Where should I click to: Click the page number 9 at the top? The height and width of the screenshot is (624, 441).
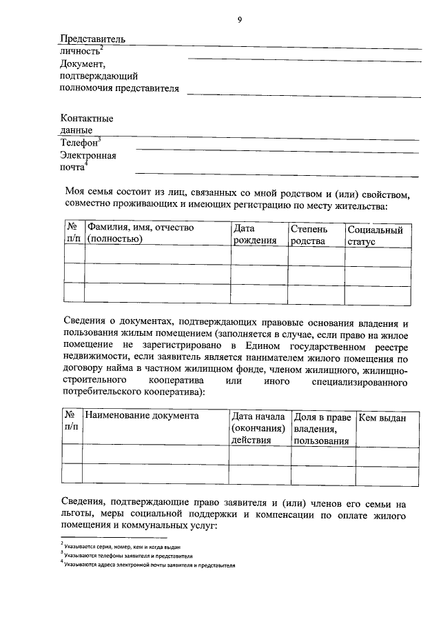tap(239, 20)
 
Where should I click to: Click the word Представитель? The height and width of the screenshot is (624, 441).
tap(92, 39)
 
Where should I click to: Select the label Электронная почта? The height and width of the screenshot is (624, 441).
tap(88, 161)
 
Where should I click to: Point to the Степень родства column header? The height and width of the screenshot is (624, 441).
tap(308, 234)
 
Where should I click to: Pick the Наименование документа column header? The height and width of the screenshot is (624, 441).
tap(142, 416)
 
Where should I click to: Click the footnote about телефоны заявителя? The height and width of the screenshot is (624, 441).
tap(128, 555)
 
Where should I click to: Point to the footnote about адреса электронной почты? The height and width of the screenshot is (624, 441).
tap(149, 565)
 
